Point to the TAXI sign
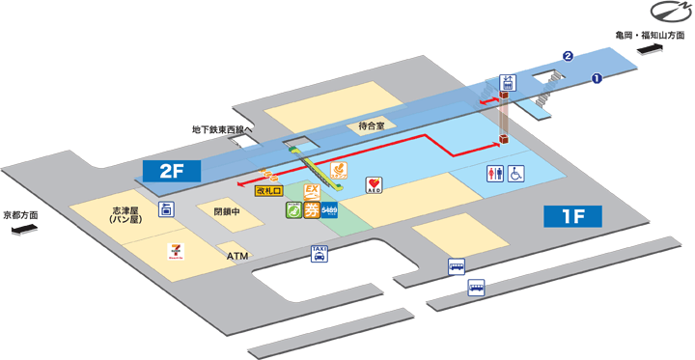point(320,254)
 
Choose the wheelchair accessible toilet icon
point(517,174)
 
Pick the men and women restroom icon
point(493,174)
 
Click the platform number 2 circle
point(570,56)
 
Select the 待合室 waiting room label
point(371,125)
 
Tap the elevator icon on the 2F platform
point(506,82)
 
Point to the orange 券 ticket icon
point(311,211)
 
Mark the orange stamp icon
point(339,172)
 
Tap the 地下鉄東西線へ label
point(221,127)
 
